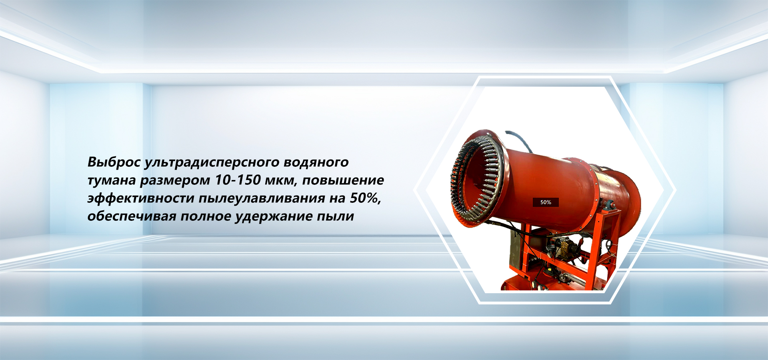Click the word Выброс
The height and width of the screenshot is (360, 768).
pyautogui.click(x=114, y=162)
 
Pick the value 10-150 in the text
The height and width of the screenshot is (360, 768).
pyautogui.click(x=238, y=180)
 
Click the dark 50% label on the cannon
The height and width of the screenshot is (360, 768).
pyautogui.click(x=546, y=202)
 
